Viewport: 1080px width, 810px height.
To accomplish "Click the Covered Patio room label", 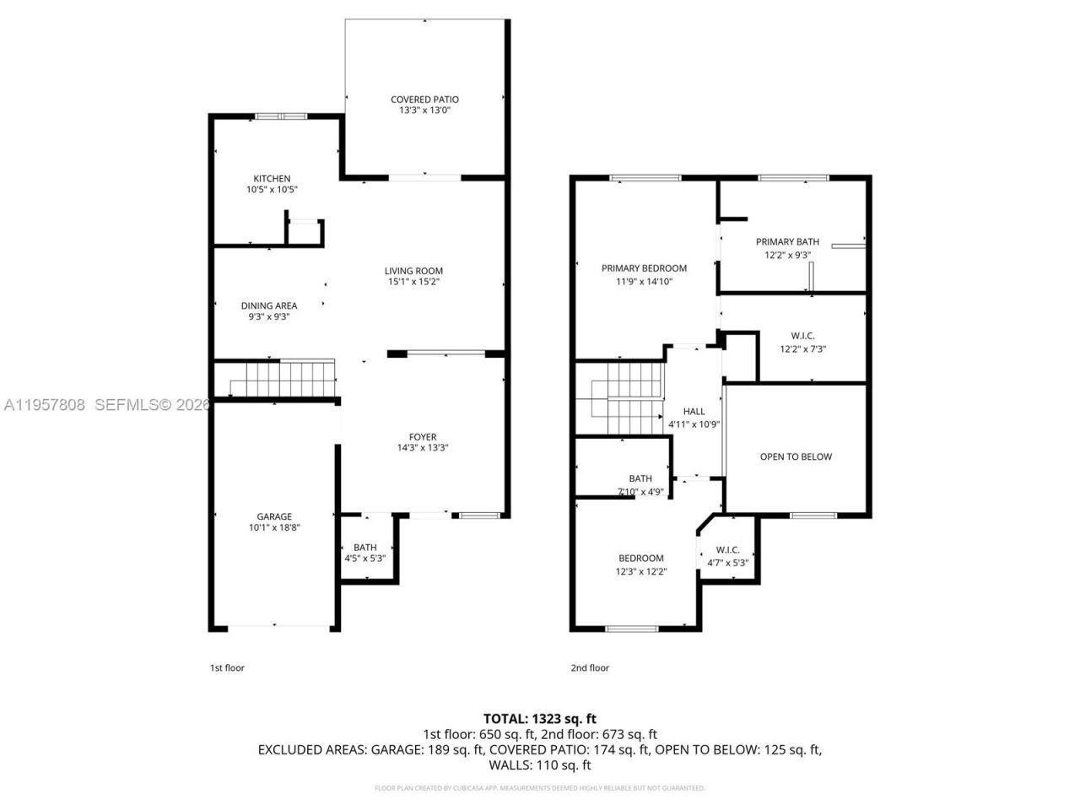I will (x=424, y=100).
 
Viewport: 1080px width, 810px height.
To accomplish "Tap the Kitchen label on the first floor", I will (x=272, y=179).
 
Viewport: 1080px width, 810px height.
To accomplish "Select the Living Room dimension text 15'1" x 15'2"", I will (x=413, y=283).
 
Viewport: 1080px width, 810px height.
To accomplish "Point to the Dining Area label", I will (x=269, y=306).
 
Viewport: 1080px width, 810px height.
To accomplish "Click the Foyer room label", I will (x=423, y=437).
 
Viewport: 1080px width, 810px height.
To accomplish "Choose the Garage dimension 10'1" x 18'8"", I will (x=274, y=528).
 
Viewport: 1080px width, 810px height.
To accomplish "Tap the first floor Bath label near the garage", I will (x=365, y=548).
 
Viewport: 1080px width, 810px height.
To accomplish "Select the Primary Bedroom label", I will (x=644, y=268).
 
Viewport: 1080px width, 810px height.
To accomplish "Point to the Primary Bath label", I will (x=787, y=242).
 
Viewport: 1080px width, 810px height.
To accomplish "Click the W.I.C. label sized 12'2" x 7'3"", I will (x=796, y=336).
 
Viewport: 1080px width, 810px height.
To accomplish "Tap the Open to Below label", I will (x=796, y=457).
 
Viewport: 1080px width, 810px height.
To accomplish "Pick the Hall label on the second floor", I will (x=694, y=412).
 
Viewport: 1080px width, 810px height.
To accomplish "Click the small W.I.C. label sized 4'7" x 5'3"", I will (x=727, y=550).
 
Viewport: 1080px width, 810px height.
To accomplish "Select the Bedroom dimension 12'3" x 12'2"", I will (x=640, y=571).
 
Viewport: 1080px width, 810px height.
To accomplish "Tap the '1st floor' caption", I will (x=227, y=668).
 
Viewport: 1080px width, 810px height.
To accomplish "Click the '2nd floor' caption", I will (x=589, y=668).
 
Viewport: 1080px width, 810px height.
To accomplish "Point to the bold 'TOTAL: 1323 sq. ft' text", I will (x=539, y=719).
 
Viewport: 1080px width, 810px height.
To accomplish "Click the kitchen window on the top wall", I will (x=282, y=116).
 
